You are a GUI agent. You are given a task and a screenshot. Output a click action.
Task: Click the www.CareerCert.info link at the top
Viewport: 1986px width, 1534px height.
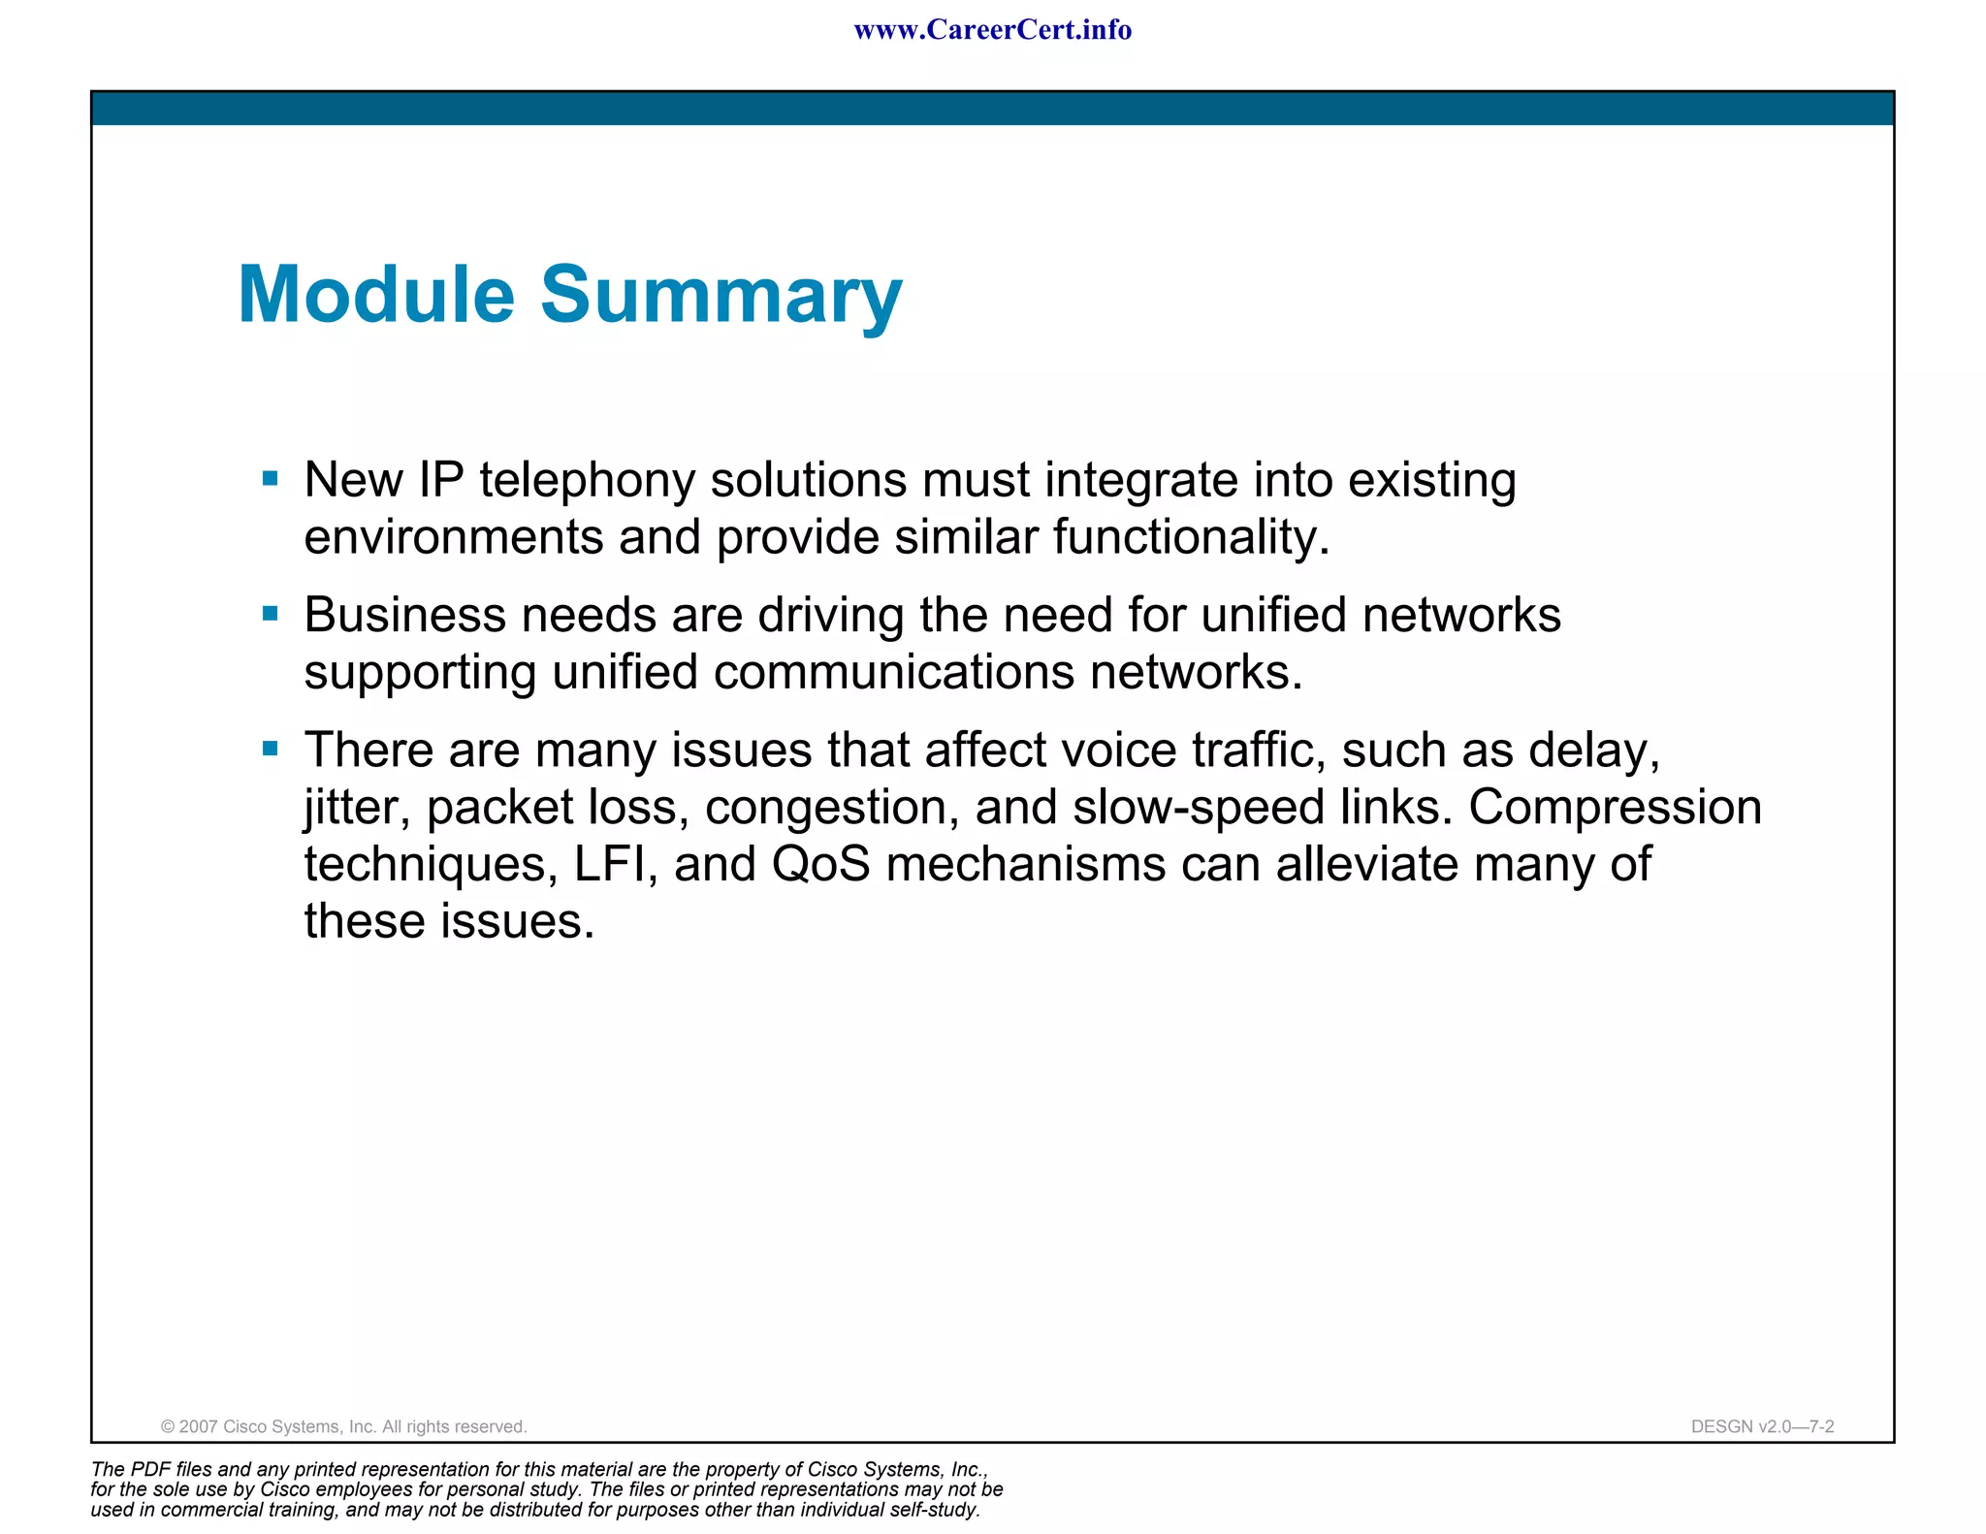[x=992, y=30]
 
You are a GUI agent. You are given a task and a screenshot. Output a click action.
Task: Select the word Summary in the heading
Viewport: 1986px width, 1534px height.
[x=721, y=297]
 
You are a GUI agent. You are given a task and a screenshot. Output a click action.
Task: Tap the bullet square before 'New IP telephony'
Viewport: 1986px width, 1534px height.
[x=271, y=478]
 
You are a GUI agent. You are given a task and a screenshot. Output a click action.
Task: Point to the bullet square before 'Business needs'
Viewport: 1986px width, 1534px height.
[x=271, y=613]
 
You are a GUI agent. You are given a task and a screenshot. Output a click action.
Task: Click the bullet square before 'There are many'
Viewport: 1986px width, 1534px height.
[x=271, y=748]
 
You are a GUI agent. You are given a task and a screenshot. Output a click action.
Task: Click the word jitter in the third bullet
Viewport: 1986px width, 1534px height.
[x=357, y=808]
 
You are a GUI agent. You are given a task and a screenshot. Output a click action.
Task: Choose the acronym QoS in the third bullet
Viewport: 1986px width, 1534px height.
[x=820, y=864]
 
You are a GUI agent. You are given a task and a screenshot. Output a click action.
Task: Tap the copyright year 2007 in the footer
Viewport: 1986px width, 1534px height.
[x=199, y=1426]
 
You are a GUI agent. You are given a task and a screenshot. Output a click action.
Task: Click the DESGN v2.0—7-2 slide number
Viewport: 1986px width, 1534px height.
[x=1762, y=1426]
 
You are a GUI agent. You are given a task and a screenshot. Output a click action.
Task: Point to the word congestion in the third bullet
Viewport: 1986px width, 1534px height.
[x=832, y=809]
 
